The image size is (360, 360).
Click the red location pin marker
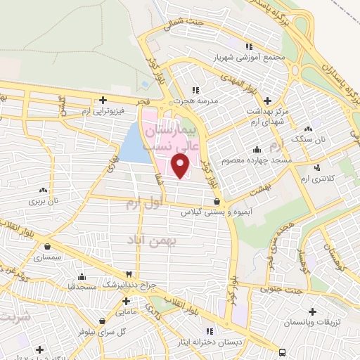[x=181, y=165]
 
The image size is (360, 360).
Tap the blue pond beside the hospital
[x=131, y=144]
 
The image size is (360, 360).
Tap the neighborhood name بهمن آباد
[x=153, y=240]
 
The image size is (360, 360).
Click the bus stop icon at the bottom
[x=282, y=352]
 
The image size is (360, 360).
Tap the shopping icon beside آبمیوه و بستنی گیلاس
[x=225, y=201]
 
